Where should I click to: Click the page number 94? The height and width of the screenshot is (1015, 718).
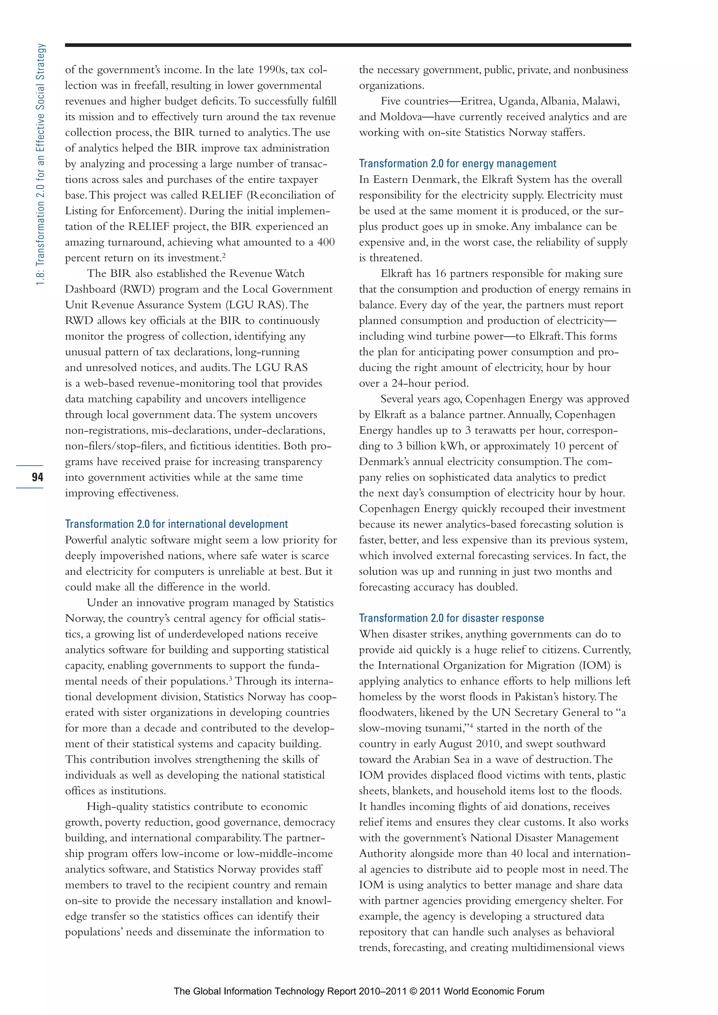pyautogui.click(x=37, y=476)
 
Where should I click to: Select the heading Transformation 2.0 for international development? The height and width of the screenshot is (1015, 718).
pyautogui.click(x=176, y=524)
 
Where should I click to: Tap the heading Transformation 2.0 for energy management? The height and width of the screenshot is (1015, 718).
pyautogui.click(x=457, y=164)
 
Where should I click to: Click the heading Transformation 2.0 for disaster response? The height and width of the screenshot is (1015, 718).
pyautogui.click(x=451, y=618)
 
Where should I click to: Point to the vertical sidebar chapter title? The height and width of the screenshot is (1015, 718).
pyautogui.click(x=40, y=164)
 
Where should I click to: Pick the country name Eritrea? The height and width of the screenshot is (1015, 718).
pyautogui.click(x=477, y=101)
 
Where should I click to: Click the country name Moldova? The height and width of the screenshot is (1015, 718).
pyautogui.click(x=401, y=117)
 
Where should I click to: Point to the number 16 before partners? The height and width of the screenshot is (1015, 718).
pyautogui.click(x=440, y=273)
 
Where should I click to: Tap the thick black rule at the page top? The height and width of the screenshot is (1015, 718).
pyautogui.click(x=348, y=45)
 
